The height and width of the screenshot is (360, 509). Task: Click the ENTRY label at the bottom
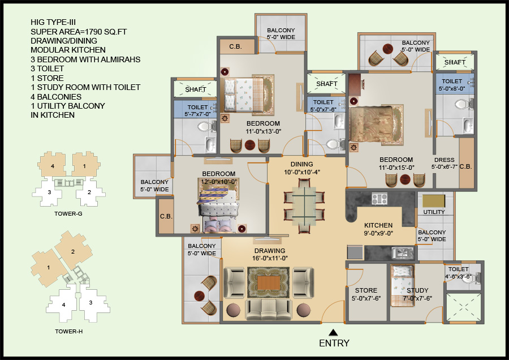point(334,343)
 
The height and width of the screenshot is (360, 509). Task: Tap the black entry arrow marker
point(334,333)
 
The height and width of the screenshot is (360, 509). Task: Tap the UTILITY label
point(434,212)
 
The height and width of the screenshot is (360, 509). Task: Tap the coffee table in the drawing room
point(269,282)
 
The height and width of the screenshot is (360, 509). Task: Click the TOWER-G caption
point(68,215)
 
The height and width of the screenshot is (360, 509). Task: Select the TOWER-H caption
point(68,331)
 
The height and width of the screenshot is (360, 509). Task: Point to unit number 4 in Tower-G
point(52,166)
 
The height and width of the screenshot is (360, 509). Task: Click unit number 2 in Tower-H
point(73,251)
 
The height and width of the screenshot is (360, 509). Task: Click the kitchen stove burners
point(378,199)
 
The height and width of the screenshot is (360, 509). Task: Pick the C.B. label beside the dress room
point(466,166)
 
